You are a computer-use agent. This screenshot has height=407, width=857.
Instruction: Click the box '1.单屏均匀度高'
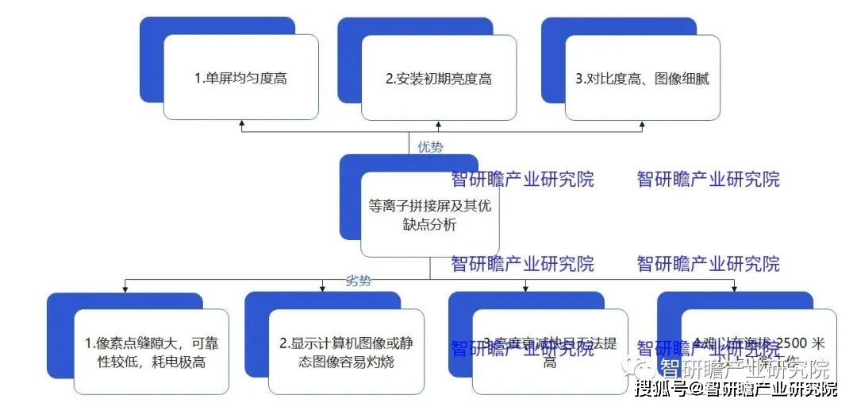coord(240,78)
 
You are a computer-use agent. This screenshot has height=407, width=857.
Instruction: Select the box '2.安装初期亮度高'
coord(439,78)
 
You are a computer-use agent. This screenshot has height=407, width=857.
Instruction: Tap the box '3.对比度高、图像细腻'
coord(642,78)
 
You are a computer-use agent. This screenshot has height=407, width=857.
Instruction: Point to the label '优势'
coord(431,147)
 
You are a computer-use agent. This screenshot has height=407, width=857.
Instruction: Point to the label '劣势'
coord(359,281)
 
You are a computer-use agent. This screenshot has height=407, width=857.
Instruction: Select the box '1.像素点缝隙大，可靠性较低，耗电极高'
coord(151,352)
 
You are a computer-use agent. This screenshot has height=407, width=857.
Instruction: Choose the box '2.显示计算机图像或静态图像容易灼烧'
coord(346,352)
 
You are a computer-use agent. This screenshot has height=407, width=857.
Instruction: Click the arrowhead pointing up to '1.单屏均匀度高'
coord(241,124)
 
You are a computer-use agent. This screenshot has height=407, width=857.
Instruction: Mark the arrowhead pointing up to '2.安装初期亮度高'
coord(439,124)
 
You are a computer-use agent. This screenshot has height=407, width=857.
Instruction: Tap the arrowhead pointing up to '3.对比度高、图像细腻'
coord(642,124)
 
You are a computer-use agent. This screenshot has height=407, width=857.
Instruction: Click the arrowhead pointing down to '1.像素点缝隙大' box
coord(125,288)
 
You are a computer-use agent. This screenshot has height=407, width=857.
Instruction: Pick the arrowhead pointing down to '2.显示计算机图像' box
coord(322,288)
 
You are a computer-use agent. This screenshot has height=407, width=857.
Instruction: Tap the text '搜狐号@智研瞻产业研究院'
coord(736,390)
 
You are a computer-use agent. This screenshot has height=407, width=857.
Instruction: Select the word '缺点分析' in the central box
coord(429,225)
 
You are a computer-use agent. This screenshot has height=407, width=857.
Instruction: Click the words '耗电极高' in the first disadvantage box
coord(179,362)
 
